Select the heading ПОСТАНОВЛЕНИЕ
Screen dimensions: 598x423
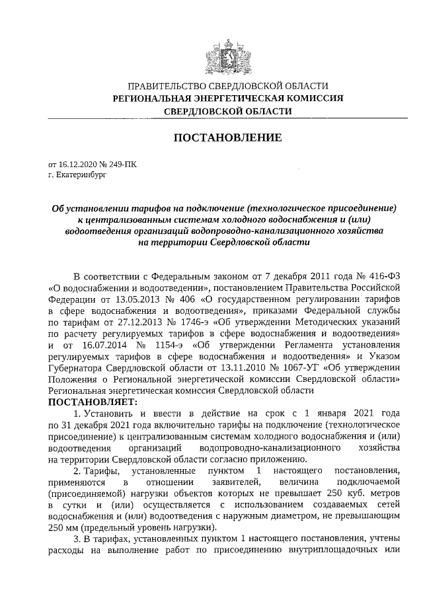click(x=227, y=137)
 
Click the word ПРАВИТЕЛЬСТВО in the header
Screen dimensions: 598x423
click(x=165, y=87)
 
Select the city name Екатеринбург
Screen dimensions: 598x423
click(x=79, y=175)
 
